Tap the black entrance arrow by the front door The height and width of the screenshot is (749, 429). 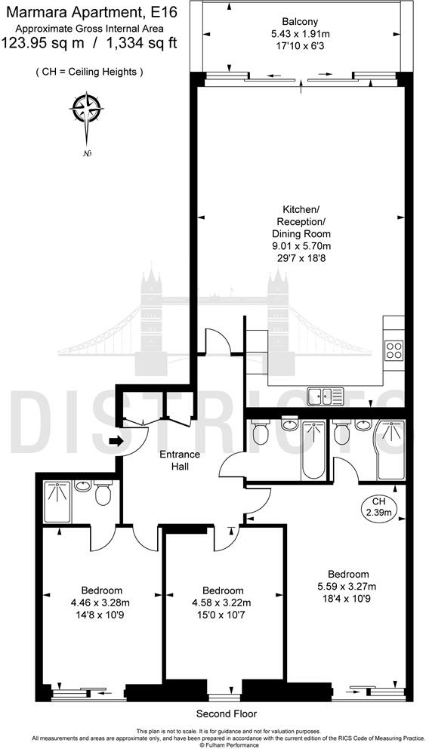[x=115, y=441]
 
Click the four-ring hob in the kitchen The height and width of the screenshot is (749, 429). [x=394, y=350]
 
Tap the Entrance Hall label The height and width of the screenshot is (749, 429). [x=180, y=461]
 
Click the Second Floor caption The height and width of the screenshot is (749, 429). [x=227, y=714]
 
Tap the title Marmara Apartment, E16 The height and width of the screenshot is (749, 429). [x=89, y=11]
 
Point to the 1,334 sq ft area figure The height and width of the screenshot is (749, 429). [x=142, y=42]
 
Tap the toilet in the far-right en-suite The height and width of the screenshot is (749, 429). [x=342, y=433]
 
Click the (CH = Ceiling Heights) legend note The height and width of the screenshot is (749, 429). [x=89, y=72]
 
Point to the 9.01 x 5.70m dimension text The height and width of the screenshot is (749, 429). [x=301, y=246]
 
